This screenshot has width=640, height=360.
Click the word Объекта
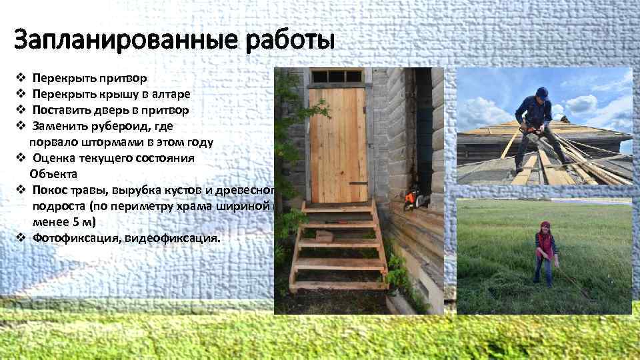[x=53, y=173]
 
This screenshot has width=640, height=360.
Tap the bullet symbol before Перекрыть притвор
[x=20, y=78]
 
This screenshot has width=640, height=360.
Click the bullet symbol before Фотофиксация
[x=20, y=237]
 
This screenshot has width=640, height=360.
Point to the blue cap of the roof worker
[x=542, y=92]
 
